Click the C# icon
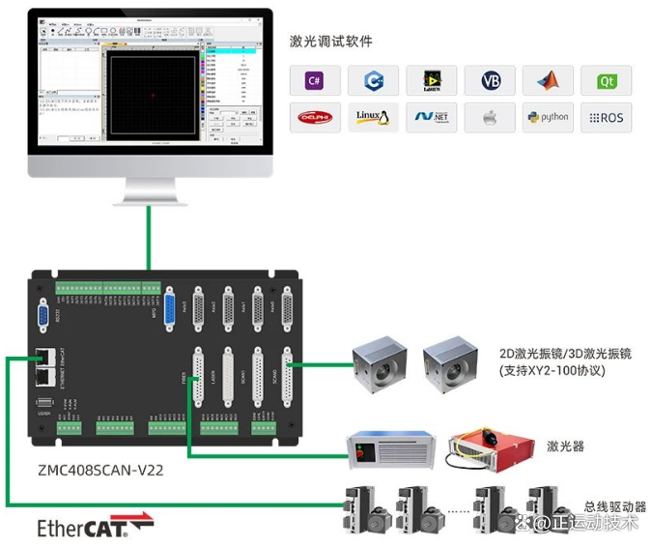click(x=315, y=81)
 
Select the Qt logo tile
click(x=606, y=81)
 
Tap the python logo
click(x=548, y=118)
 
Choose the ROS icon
click(x=606, y=118)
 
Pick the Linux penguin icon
click(x=373, y=118)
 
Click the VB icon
click(x=490, y=81)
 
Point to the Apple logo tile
click(x=490, y=118)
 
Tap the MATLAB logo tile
click(x=548, y=81)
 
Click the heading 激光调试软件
click(x=331, y=42)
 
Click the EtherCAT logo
click(x=94, y=527)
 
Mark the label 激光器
click(x=565, y=446)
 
